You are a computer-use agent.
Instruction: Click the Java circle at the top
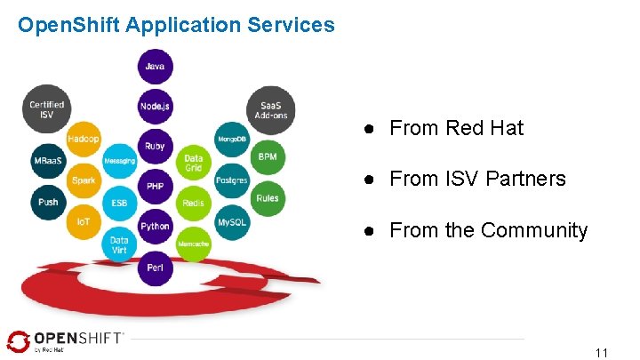pos(156,66)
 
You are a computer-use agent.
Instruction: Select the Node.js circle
pos(156,106)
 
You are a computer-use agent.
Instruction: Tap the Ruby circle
pos(156,146)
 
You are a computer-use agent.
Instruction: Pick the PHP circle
pos(156,186)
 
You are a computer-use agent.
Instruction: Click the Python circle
pos(156,226)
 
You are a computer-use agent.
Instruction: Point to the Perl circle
pos(156,266)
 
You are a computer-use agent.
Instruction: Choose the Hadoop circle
pos(84,139)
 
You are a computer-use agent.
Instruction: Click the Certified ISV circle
pos(46,109)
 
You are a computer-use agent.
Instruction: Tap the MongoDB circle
pos(232,139)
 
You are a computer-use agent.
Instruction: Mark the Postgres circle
pos(232,180)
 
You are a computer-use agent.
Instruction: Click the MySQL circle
pos(232,221)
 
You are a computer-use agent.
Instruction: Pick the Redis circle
pos(194,203)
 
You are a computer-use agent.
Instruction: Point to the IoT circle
pos(84,221)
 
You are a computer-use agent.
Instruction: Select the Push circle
pos(48,202)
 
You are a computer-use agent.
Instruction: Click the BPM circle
pos(268,157)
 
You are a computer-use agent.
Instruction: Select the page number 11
pos(602,353)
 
